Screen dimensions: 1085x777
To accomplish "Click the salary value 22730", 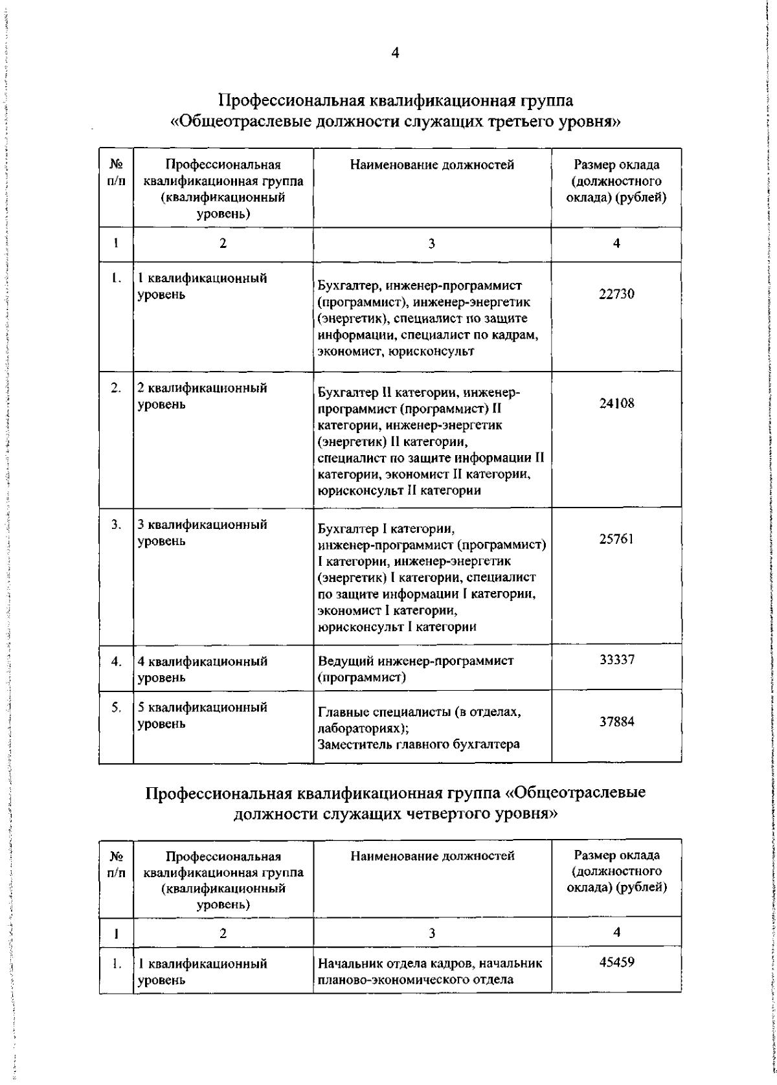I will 616,294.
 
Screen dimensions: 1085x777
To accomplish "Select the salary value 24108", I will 616,403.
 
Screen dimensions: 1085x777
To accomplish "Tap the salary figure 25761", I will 616,539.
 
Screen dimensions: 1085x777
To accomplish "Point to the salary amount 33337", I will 616,660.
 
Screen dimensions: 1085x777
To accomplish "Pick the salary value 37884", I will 616,721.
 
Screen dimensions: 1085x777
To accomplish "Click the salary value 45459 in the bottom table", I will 616,961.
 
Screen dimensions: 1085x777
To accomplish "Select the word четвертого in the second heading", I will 433,814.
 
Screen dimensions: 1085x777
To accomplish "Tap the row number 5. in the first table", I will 116,708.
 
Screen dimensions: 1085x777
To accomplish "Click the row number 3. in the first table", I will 116,525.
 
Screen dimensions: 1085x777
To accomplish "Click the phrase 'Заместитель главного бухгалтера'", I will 418,744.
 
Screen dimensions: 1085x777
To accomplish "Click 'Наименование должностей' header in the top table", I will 432,165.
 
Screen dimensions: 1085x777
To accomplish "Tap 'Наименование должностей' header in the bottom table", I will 432,856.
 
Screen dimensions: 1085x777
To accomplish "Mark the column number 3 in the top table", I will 432,243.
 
